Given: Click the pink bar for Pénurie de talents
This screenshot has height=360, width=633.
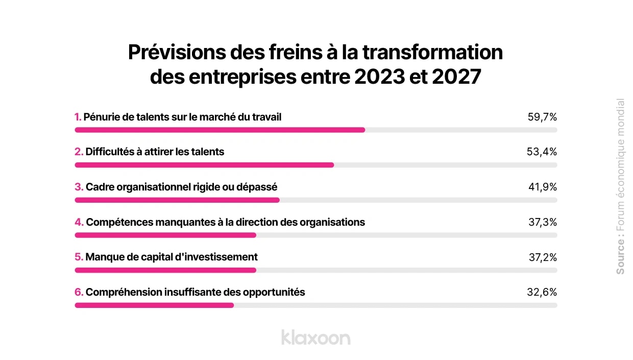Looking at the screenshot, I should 220,130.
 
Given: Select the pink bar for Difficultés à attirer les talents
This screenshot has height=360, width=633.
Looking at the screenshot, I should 204,165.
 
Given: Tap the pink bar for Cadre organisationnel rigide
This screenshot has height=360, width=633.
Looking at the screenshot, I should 177,200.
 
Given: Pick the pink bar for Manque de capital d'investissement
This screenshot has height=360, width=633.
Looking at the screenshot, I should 165,270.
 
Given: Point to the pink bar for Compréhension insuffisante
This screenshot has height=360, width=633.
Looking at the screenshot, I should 154,305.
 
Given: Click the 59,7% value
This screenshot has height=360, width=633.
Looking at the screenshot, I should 542,117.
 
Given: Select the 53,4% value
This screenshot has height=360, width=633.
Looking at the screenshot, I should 542,152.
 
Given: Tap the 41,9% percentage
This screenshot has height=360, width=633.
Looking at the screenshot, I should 542,187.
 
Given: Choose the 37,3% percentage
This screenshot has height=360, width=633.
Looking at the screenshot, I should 542,222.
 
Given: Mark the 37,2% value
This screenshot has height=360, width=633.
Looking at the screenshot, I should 542,257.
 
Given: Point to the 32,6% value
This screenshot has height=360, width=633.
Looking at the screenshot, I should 542,292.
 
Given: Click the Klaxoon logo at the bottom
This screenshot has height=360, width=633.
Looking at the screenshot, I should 315,338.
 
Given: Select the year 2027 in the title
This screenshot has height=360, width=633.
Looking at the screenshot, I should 455,77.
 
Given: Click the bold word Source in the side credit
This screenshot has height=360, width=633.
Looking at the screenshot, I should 620,256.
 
